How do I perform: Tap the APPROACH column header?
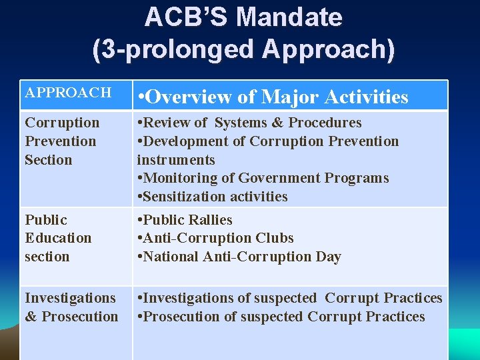(68, 93)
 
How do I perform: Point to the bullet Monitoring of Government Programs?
(263, 178)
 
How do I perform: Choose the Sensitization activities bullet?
(212, 197)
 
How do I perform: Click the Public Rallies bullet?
(185, 220)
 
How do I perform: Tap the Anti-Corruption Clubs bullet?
(215, 238)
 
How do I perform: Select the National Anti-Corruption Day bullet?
(239, 257)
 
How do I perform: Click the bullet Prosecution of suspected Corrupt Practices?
(281, 317)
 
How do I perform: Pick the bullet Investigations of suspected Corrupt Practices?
(289, 298)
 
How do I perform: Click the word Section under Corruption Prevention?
(48, 160)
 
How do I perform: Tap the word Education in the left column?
(58, 238)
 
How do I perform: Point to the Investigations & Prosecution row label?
(71, 307)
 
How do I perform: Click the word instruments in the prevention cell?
(176, 160)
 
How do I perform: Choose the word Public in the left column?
(46, 220)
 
